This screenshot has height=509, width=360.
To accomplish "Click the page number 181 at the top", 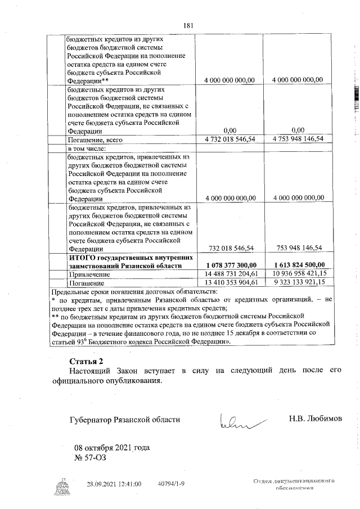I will (x=188, y=25).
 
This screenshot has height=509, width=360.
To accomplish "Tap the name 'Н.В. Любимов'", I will (x=315, y=419).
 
